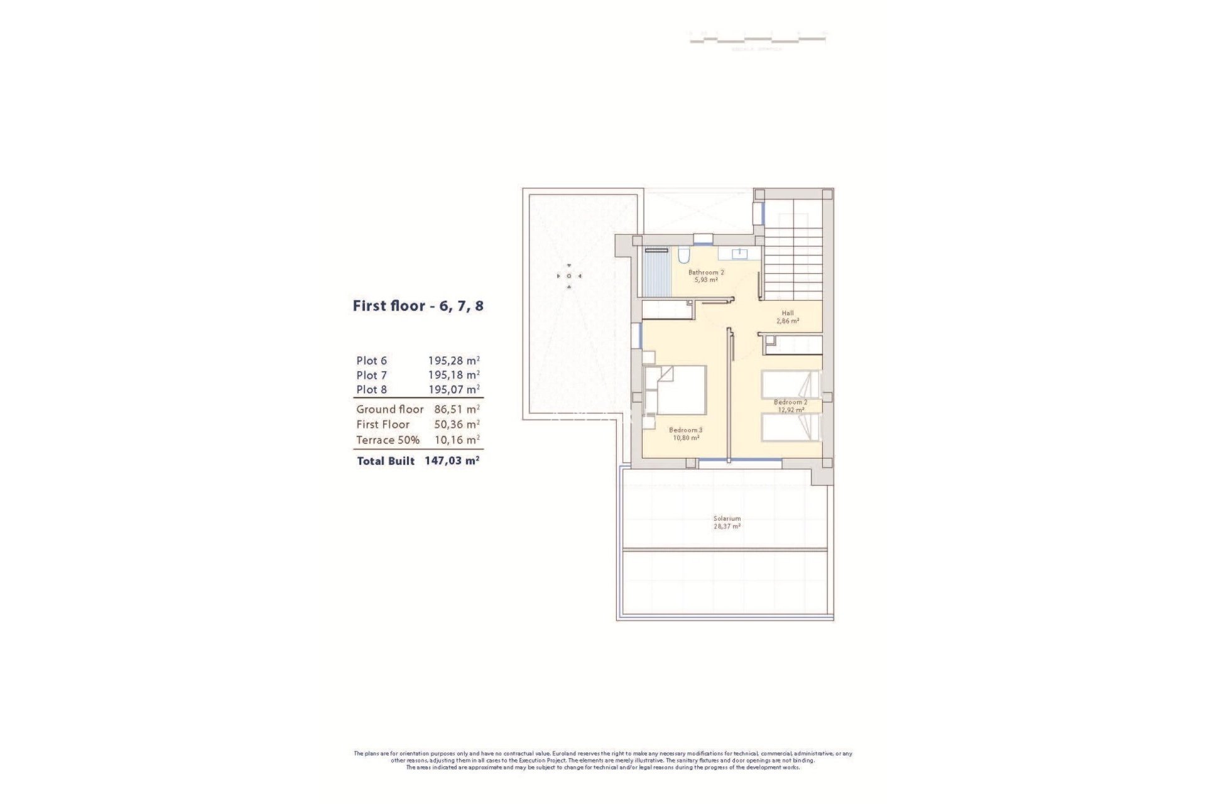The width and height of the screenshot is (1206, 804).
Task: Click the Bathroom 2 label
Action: pos(706,273)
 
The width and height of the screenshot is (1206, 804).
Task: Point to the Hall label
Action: pos(788,313)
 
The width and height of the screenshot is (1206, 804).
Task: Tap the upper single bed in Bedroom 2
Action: pos(790,384)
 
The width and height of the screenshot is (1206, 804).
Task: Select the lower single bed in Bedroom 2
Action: pos(790,427)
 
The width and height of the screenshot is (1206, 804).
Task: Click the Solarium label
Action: pos(727,519)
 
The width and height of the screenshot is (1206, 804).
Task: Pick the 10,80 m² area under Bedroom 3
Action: pos(686,438)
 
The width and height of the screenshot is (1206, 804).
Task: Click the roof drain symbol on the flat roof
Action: pos(569,276)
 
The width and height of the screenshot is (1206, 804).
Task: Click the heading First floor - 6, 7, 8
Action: pos(418,307)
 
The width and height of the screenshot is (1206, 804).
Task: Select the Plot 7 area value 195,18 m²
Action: pos(454,375)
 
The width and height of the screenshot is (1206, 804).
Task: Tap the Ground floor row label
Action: pos(389,409)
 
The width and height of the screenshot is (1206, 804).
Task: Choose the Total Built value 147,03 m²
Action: pos(452,460)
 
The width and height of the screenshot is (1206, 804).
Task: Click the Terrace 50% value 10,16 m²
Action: pos(457,440)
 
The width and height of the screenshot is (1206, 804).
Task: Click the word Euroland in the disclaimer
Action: pos(564,753)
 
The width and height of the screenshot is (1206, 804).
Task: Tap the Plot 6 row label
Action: pos(371,361)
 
